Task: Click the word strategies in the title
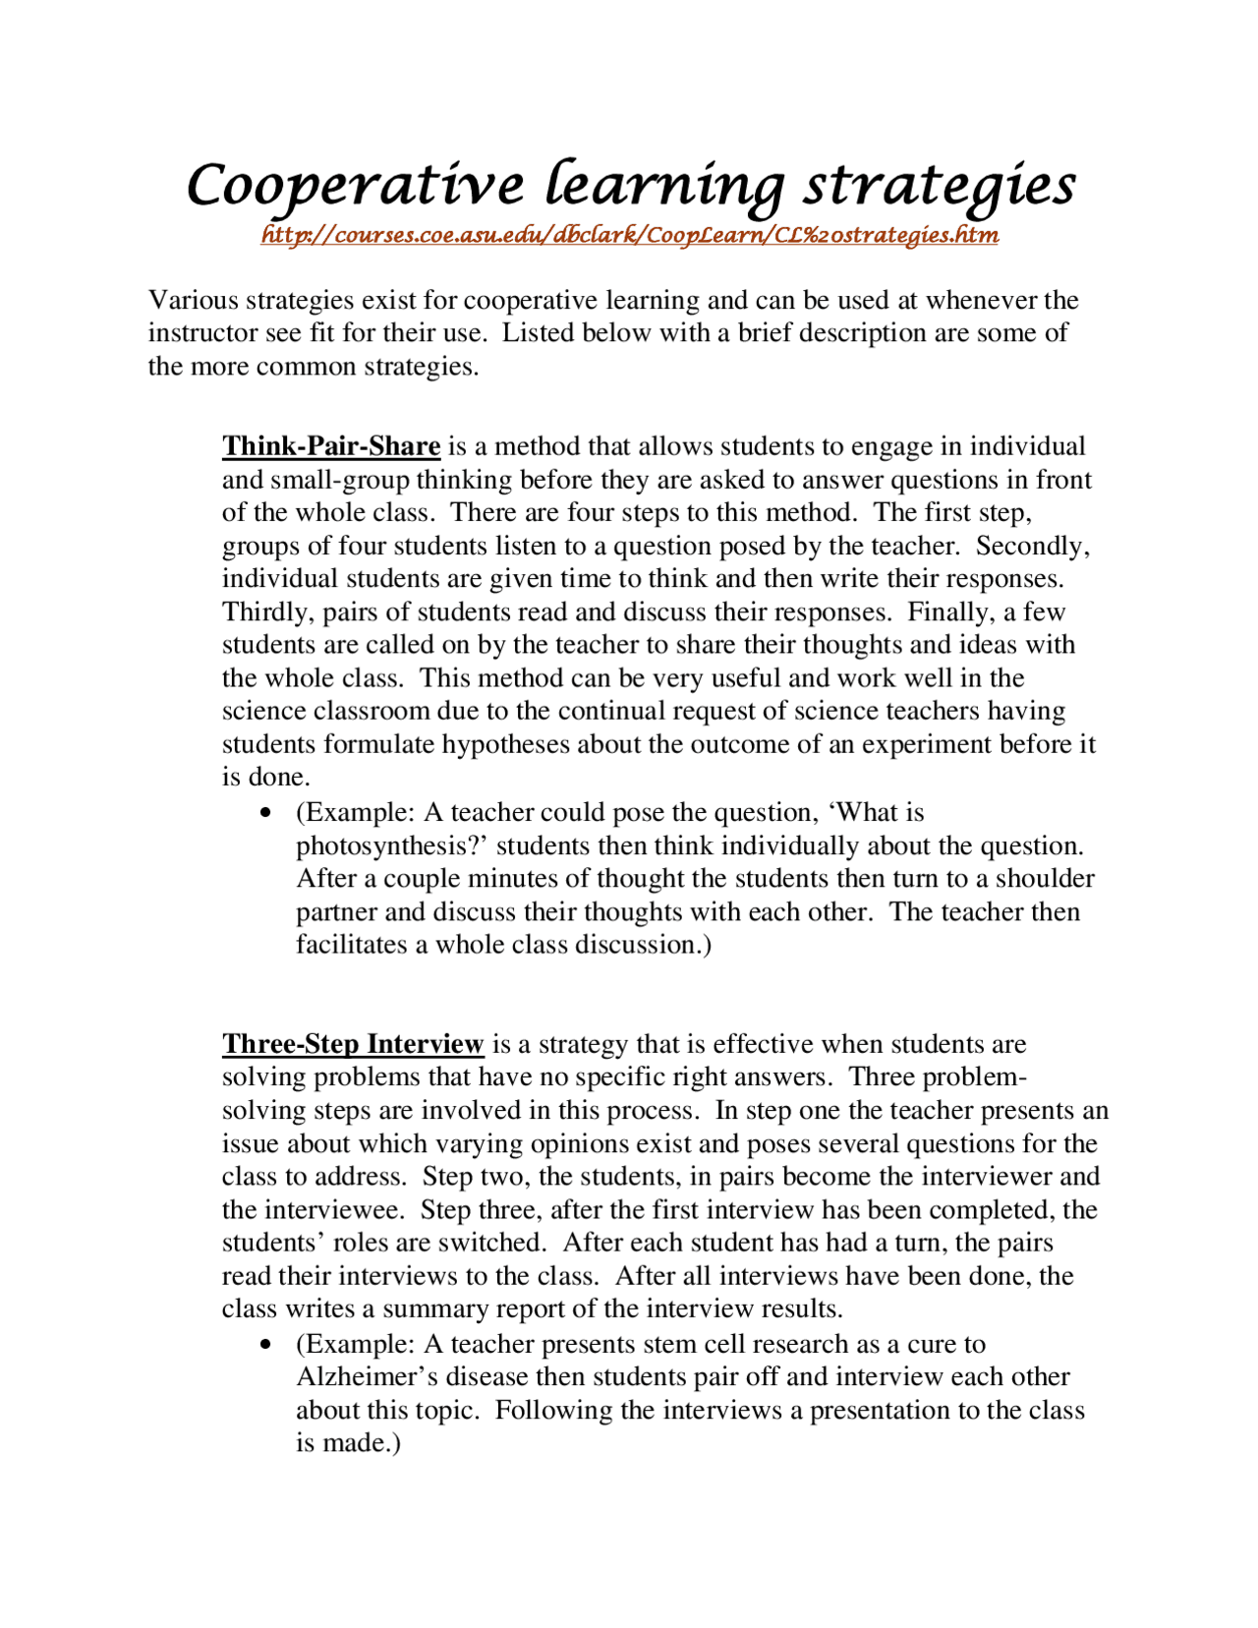(x=939, y=187)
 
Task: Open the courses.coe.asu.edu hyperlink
(x=630, y=235)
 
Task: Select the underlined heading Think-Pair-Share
(x=330, y=446)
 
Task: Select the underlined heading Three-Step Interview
(x=353, y=1044)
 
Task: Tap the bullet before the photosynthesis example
(x=265, y=814)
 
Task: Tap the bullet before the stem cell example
(x=265, y=1346)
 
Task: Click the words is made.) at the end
(x=348, y=1443)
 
